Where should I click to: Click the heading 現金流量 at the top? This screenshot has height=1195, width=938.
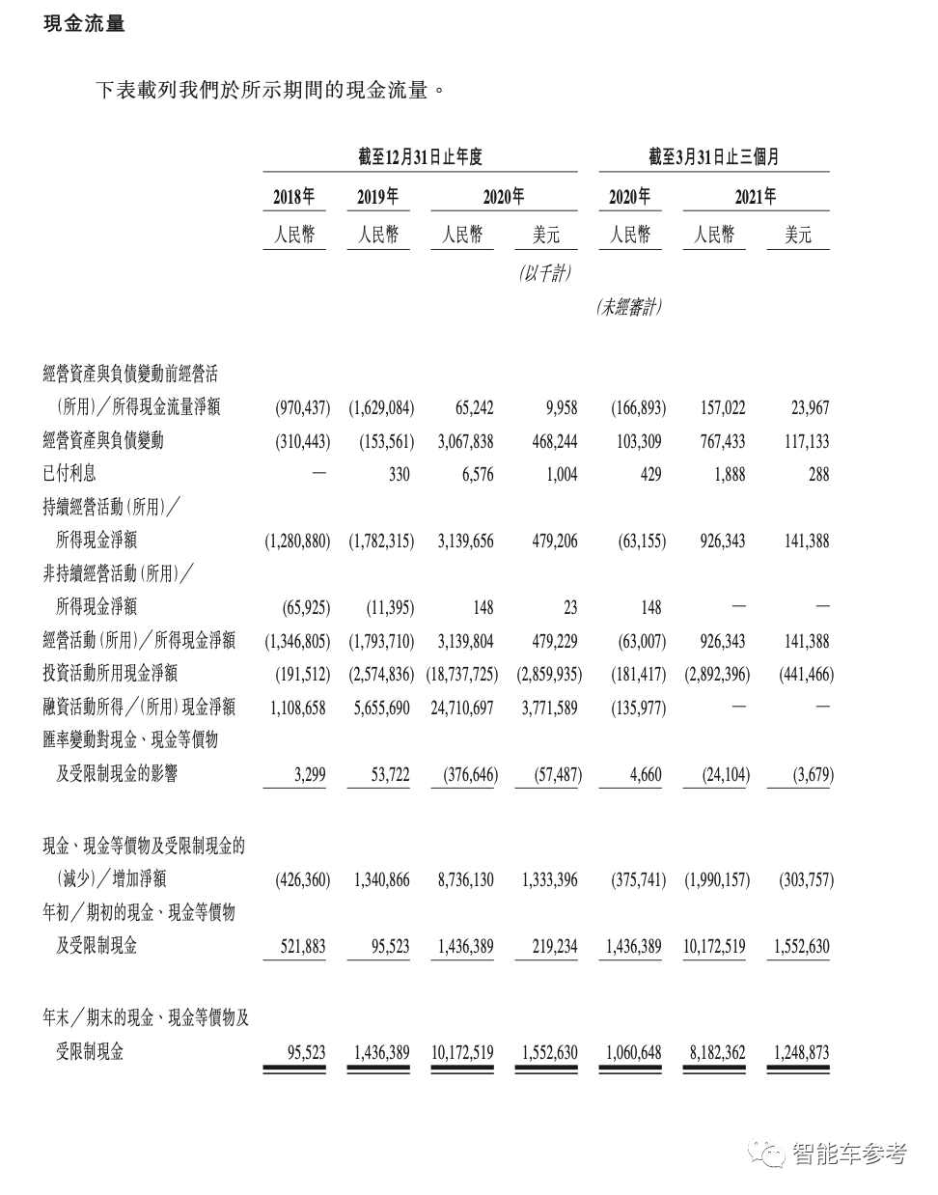click(85, 24)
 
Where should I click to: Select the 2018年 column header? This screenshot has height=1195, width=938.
click(293, 197)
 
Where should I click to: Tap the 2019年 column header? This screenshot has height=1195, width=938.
click(377, 197)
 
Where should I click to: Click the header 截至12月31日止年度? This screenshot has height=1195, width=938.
click(420, 156)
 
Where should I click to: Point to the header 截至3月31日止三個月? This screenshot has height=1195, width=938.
click(713, 156)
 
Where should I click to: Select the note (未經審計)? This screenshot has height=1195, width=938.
click(629, 308)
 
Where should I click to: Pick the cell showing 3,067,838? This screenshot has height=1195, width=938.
click(465, 441)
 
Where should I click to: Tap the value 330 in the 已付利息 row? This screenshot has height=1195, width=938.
click(399, 474)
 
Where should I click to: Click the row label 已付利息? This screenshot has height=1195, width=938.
click(69, 473)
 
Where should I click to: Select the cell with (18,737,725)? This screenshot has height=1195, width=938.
click(461, 674)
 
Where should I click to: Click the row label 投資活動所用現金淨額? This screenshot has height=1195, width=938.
click(110, 673)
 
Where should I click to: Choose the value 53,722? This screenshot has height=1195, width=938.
click(390, 775)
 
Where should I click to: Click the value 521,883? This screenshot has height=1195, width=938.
click(302, 947)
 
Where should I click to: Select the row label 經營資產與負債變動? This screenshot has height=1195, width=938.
click(103, 440)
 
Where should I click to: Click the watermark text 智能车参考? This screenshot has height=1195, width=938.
click(848, 1153)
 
